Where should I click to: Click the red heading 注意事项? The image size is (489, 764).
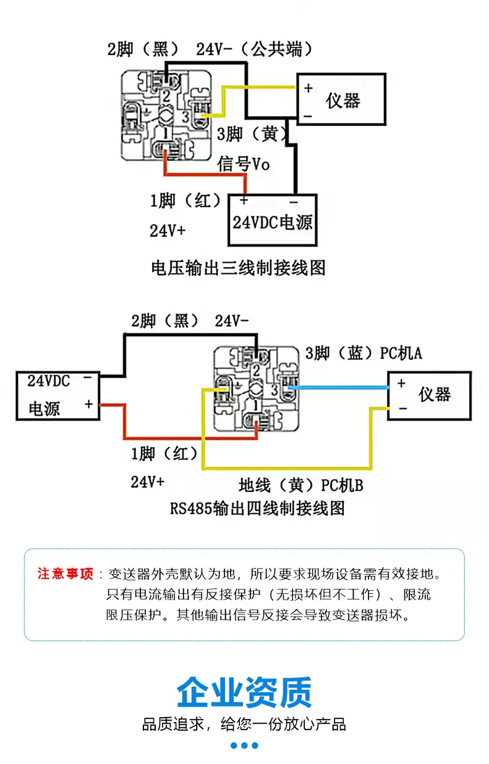(65, 574)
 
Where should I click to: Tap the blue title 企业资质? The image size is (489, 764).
(244, 692)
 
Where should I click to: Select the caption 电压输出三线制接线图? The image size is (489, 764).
(238, 268)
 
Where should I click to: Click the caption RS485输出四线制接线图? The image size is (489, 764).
(257, 508)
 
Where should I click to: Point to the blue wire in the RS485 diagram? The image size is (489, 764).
(338, 388)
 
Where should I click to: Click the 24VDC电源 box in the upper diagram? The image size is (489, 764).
(273, 220)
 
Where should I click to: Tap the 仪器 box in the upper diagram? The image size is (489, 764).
(341, 100)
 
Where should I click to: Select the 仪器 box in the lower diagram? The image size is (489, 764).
(430, 396)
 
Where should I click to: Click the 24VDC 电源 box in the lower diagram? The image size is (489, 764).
(58, 396)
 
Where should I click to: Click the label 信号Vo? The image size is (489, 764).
(244, 164)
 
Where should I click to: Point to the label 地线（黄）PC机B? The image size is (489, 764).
(301, 485)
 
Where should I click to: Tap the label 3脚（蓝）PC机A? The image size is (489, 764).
(364, 354)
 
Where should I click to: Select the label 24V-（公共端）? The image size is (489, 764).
(254, 49)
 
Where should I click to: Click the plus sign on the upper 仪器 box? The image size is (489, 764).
(308, 88)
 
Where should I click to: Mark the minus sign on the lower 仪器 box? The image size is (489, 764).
(402, 408)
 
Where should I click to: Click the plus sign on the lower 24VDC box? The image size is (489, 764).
(88, 404)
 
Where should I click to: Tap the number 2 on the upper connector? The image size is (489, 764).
(166, 95)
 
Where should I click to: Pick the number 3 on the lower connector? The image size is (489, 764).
(274, 390)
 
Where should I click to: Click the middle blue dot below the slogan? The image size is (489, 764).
(244, 745)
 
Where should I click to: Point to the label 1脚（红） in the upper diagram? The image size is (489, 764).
(185, 200)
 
